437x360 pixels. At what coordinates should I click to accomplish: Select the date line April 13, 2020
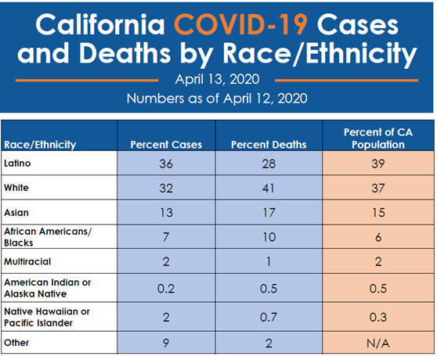click(218, 80)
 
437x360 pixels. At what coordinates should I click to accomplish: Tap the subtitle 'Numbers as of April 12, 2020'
click(218, 99)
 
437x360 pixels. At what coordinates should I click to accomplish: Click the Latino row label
click(19, 164)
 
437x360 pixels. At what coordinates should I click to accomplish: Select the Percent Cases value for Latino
click(164, 165)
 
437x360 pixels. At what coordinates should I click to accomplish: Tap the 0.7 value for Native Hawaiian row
click(268, 318)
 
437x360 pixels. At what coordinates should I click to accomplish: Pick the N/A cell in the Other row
click(378, 344)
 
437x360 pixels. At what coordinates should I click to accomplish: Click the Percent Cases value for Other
click(164, 344)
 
